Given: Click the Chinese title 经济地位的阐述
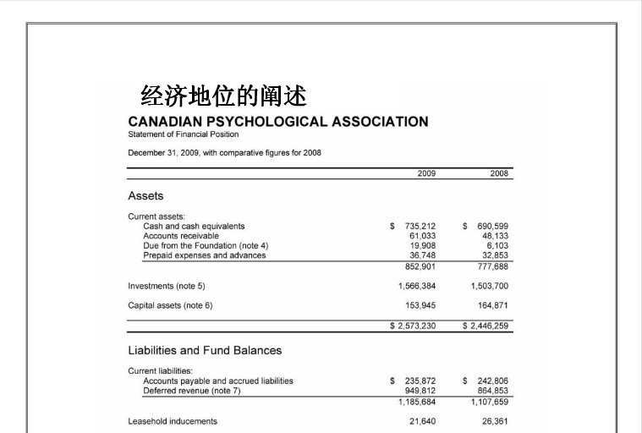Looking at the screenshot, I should pyautogui.click(x=222, y=94).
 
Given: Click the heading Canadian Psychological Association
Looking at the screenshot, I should pyautogui.click(x=277, y=121).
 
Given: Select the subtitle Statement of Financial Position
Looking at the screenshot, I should pyautogui.click(x=183, y=134).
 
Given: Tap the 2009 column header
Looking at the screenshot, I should pyautogui.click(x=426, y=173).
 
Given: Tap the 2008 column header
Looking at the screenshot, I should pyautogui.click(x=499, y=173).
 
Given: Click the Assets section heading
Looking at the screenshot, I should pyautogui.click(x=145, y=195).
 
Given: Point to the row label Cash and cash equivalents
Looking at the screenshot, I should pyautogui.click(x=194, y=226).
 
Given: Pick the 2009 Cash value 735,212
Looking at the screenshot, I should pyautogui.click(x=420, y=226).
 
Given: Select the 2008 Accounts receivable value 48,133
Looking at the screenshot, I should pyautogui.click(x=495, y=236).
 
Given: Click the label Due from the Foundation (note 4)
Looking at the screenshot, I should pyautogui.click(x=206, y=245).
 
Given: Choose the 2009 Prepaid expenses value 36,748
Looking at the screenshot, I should pyautogui.click(x=422, y=255).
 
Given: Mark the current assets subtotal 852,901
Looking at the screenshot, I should pyautogui.click(x=420, y=266).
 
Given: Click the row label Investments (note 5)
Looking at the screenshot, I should pyautogui.click(x=167, y=286).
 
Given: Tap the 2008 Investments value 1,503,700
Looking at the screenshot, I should pyautogui.click(x=489, y=286).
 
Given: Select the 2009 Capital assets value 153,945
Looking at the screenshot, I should pyautogui.click(x=420, y=305).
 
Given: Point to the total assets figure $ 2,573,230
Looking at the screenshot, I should pyautogui.click(x=412, y=326).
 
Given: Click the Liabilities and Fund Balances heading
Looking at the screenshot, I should pyautogui.click(x=205, y=350).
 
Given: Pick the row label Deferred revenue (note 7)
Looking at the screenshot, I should pyautogui.click(x=192, y=391).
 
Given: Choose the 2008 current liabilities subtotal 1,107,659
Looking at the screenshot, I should pyautogui.click(x=489, y=401).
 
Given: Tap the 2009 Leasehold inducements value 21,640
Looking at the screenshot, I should pyautogui.click(x=422, y=420).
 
